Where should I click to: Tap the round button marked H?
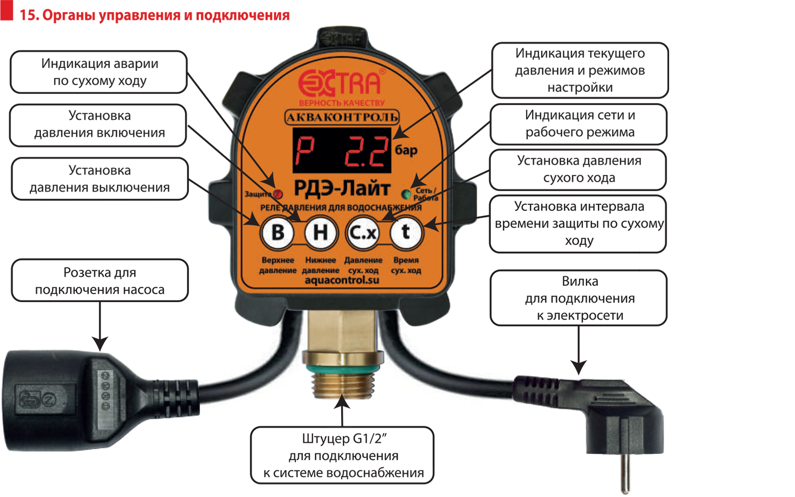pyautogui.click(x=320, y=232)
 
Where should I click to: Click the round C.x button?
pyautogui.click(x=363, y=232)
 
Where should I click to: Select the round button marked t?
pyautogui.click(x=406, y=232)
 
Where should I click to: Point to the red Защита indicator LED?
pyautogui.click(x=278, y=194)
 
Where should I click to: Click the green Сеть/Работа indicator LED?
pyautogui.click(x=406, y=194)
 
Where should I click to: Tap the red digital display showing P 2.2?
pyautogui.click(x=341, y=150)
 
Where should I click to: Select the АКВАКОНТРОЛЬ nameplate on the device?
pyautogui.click(x=342, y=117)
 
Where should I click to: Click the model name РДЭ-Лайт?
pyautogui.click(x=342, y=189)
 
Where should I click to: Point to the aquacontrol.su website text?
pyautogui.click(x=342, y=281)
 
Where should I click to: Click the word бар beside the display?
pyautogui.click(x=406, y=150)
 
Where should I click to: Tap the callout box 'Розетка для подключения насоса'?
pyautogui.click(x=99, y=281)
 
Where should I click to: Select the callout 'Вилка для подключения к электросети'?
pyautogui.click(x=579, y=298)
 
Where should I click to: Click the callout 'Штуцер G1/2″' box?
pyautogui.click(x=342, y=456)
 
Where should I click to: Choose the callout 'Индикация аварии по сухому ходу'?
pyautogui.click(x=99, y=72)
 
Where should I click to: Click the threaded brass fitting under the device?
pyautogui.click(x=342, y=381)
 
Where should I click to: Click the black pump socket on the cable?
pyautogui.click(x=61, y=400)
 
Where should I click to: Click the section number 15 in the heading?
pyautogui.click(x=29, y=15)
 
